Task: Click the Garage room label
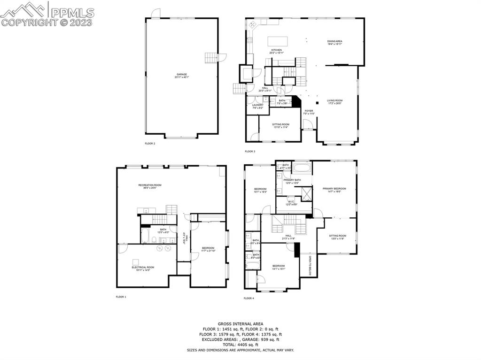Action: [182, 75]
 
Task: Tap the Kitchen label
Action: [276, 50]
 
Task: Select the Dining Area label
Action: [334, 41]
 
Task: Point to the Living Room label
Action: [334, 100]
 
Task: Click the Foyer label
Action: [308, 111]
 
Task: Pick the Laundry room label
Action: [257, 105]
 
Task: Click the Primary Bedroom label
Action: [334, 189]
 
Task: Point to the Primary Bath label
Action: [292, 180]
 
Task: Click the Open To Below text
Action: [310, 265]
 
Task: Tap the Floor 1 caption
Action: [121, 297]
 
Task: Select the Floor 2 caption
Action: [150, 143]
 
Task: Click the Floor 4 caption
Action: [249, 298]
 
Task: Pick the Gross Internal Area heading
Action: [240, 324]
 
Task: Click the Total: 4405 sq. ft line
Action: [240, 345]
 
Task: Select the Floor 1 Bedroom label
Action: [208, 248]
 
